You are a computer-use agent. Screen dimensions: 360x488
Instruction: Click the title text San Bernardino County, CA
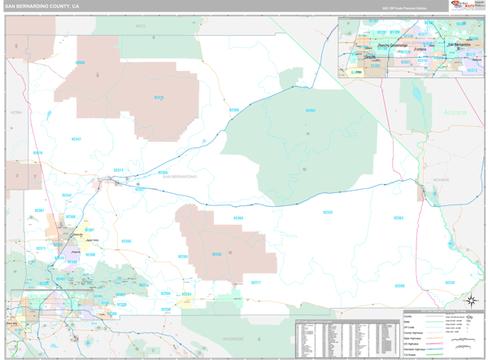42,6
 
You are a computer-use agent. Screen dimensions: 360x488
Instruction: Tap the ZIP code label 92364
310,110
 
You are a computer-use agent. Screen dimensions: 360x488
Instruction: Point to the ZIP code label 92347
76,139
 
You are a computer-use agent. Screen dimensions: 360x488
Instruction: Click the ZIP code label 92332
327,213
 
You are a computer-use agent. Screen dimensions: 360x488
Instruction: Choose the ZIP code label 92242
450,282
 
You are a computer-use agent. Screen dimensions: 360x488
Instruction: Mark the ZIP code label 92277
255,283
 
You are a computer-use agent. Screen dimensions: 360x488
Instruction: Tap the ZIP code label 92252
216,254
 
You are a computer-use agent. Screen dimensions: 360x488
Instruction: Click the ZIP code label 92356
126,241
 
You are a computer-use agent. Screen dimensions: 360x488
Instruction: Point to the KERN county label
14,112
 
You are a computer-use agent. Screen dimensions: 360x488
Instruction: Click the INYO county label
139,26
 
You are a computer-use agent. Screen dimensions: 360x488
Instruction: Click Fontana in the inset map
420,49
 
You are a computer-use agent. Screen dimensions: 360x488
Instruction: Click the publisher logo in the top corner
466,6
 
